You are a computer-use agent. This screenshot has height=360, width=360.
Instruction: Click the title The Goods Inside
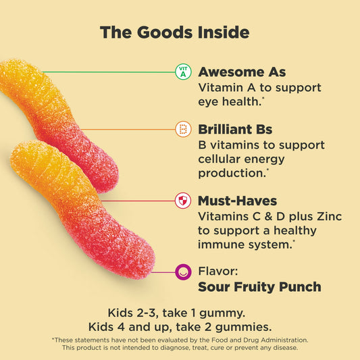(x=174, y=32)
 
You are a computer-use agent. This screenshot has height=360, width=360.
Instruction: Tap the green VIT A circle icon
(x=182, y=72)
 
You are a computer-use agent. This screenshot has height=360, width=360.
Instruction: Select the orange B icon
(x=182, y=129)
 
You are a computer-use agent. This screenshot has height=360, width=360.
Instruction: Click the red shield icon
(x=182, y=201)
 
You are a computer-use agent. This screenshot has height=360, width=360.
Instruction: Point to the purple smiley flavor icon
(x=182, y=272)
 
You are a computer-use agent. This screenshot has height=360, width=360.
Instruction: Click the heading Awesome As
(x=242, y=72)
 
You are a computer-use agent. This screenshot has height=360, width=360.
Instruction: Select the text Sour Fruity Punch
(x=259, y=286)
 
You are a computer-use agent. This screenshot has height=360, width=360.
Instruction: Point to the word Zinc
(x=327, y=216)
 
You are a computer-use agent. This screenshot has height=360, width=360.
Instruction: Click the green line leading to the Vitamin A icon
(x=108, y=72)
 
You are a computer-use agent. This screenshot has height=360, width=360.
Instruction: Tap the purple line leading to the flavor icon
(x=162, y=272)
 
